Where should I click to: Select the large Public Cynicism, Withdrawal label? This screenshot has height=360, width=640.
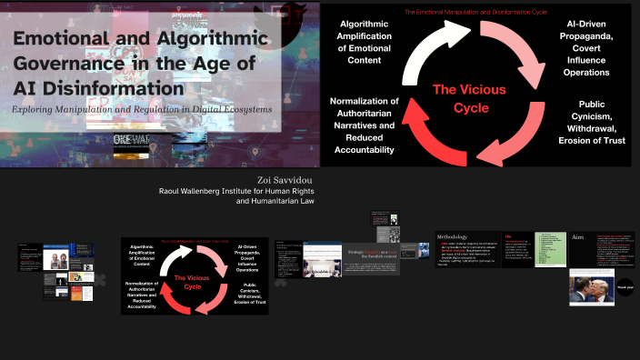tap(595, 121)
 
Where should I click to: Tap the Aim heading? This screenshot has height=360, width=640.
tap(578, 236)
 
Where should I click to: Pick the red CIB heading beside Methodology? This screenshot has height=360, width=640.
tap(510, 235)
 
